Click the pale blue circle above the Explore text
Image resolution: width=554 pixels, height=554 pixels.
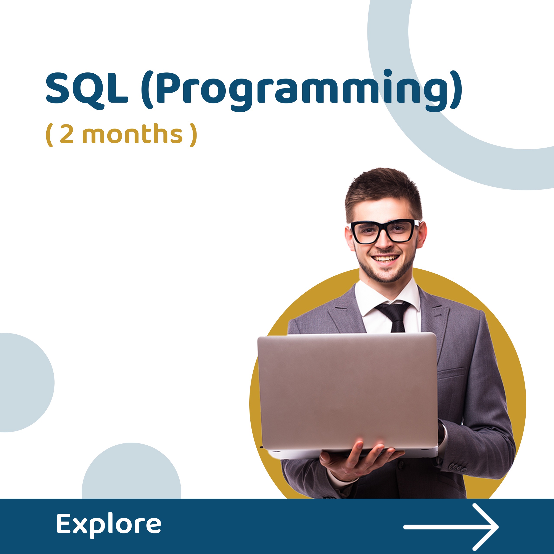[131, 473]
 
